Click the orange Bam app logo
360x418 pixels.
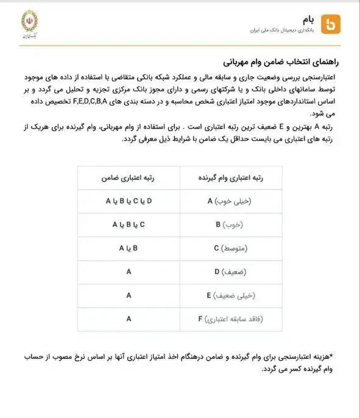[330, 23]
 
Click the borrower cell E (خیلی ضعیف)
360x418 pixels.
[230, 295]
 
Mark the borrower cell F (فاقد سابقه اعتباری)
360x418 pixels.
[230, 319]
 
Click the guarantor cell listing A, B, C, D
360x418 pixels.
[129, 200]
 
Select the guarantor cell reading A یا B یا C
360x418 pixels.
[129, 224]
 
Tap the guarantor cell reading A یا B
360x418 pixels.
[129, 248]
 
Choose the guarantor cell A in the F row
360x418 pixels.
[129, 318]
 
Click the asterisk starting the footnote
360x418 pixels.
[339, 355]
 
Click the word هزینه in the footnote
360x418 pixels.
[327, 356]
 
